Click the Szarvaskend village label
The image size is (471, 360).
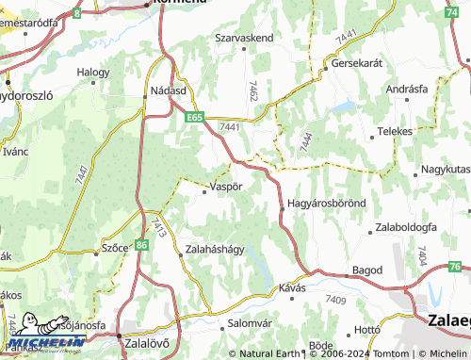click(x=244, y=37)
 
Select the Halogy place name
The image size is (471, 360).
click(x=93, y=72)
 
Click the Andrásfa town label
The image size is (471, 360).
click(x=407, y=89)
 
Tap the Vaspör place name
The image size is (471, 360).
click(x=225, y=187)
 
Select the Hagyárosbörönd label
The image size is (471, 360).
click(x=325, y=204)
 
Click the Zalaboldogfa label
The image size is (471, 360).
click(x=405, y=227)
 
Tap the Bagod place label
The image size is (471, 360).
click(x=366, y=270)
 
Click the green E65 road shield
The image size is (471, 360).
click(x=194, y=117)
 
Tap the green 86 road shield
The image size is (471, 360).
click(x=141, y=244)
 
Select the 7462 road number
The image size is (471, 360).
click(x=252, y=91)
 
